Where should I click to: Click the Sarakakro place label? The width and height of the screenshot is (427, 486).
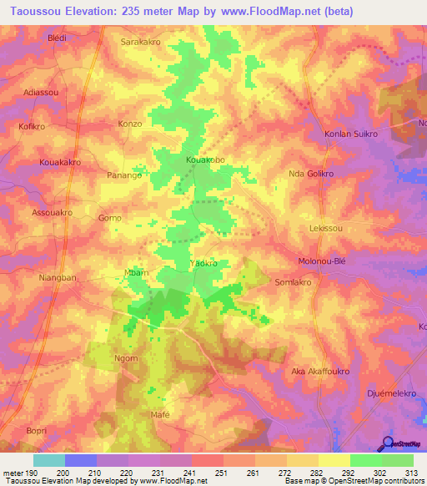[x=142, y=41]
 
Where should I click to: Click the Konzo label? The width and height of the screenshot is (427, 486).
[x=130, y=124]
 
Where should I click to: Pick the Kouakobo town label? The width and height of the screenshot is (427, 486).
[x=205, y=159]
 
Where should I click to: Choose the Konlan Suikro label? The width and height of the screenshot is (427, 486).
[x=351, y=134]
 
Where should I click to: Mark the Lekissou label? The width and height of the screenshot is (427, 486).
[x=326, y=227]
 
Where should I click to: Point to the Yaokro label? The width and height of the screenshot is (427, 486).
[x=204, y=263]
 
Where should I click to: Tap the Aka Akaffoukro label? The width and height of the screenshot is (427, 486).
[x=319, y=371]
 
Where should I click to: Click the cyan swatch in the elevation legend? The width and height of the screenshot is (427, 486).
[x=49, y=460]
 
